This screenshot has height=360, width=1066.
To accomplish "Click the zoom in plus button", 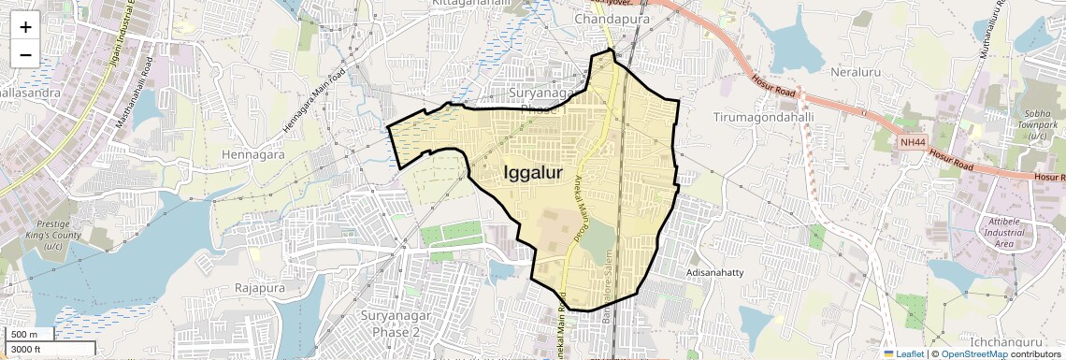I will click(x=25, y=27).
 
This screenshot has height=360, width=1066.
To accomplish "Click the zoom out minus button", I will click(x=25, y=54).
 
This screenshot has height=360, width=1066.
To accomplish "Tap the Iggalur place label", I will click(x=533, y=173).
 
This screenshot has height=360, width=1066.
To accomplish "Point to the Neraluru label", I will click(x=857, y=71).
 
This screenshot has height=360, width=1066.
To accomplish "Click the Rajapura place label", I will click(x=260, y=288).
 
